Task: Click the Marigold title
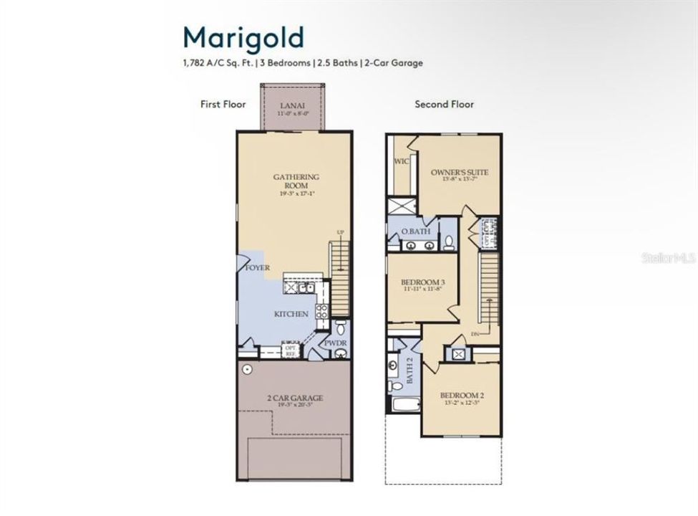[243, 36]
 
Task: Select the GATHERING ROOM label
[296, 181]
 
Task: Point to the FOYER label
[257, 267]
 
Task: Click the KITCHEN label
[291, 314]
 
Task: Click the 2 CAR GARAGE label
[296, 398]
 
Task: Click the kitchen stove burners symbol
[322, 311]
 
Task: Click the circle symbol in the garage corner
[246, 370]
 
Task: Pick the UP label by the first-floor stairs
[341, 231]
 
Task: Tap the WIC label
[401, 161]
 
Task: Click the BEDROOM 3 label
[421, 283]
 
